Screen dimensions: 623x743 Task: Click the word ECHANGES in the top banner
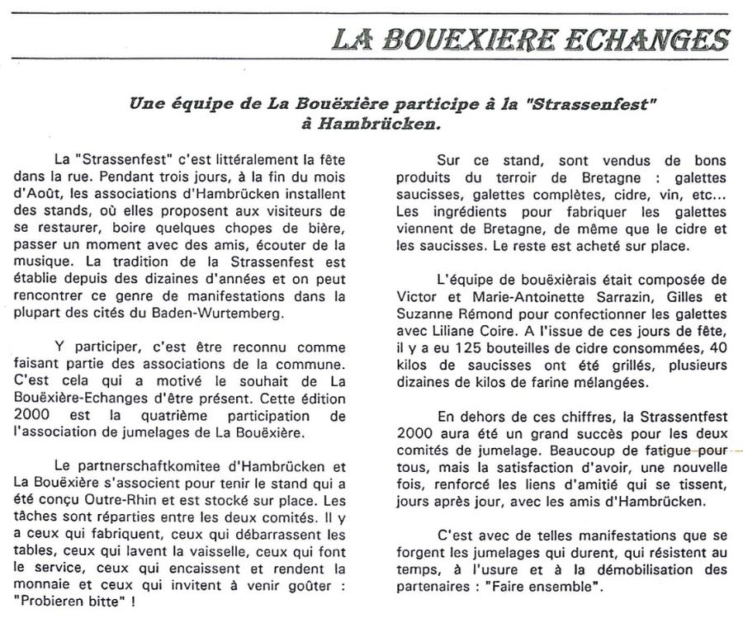[x=638, y=39]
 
